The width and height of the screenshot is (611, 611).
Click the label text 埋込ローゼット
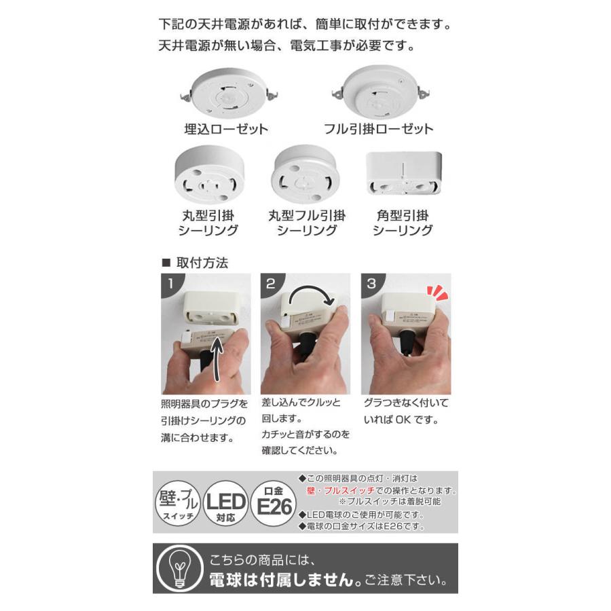pyautogui.click(x=217, y=129)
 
